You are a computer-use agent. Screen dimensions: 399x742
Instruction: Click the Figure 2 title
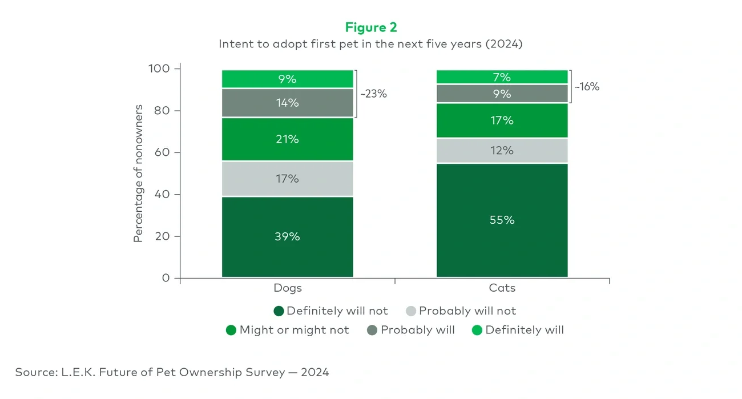370,27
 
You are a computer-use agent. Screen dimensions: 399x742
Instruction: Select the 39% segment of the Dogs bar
287,236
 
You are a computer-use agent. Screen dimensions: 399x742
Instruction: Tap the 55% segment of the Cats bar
502,220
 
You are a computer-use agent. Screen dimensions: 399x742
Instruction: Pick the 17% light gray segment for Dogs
287,179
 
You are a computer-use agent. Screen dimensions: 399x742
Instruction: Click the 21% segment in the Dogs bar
287,139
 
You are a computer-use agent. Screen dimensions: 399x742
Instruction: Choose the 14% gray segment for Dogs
287,103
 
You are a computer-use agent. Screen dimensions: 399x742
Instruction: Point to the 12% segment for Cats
502,151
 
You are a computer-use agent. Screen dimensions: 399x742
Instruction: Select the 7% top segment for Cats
502,77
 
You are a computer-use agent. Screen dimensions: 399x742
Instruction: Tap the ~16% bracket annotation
587,87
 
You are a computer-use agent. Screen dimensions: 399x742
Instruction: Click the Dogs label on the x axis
287,288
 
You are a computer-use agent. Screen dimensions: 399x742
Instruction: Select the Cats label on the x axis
502,288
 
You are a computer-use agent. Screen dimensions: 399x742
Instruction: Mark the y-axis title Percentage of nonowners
138,174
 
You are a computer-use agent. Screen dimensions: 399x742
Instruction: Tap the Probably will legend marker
373,330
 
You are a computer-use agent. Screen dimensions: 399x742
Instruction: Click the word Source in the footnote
34,372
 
